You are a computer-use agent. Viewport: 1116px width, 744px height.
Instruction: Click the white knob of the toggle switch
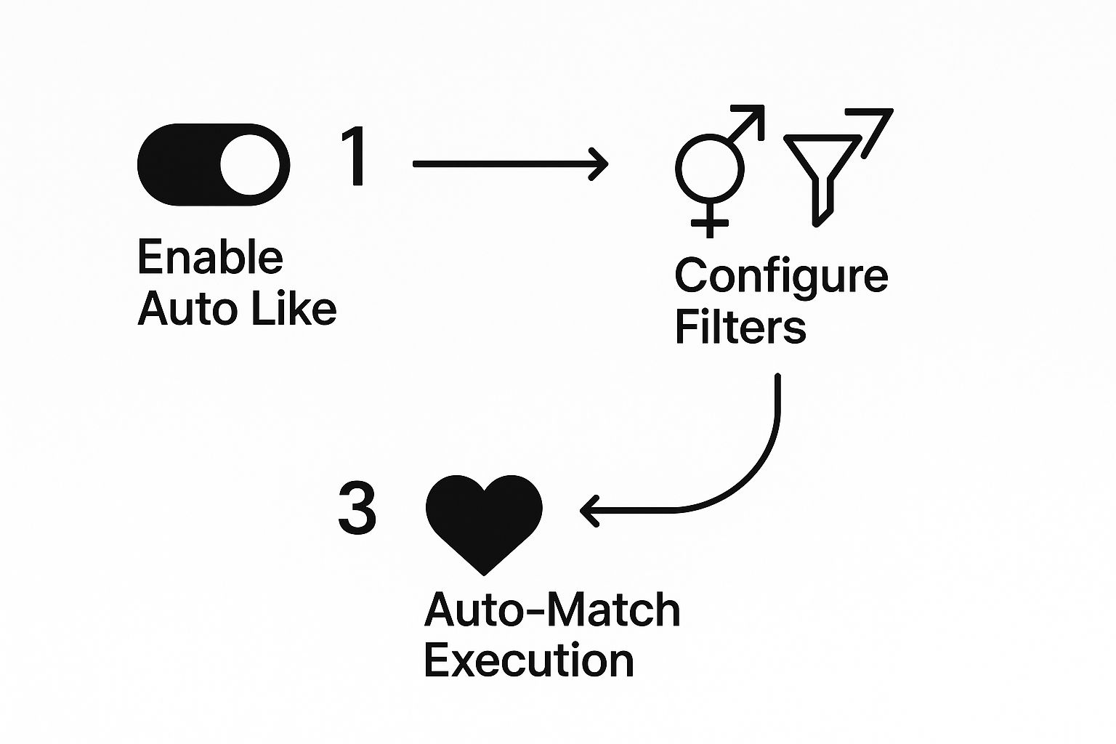pos(250,165)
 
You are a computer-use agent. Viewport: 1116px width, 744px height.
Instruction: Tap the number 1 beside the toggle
pos(355,156)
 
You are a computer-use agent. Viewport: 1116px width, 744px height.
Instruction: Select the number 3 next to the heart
pos(357,509)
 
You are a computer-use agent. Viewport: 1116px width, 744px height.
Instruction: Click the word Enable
pos(210,257)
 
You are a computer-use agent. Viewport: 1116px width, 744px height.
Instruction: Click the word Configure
pos(781,277)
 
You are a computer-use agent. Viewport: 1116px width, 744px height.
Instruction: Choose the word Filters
pos(740,327)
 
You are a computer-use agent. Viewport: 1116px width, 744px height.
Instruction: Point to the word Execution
pos(528,660)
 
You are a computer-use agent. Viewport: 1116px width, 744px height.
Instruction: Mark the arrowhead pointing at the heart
pos(588,511)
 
